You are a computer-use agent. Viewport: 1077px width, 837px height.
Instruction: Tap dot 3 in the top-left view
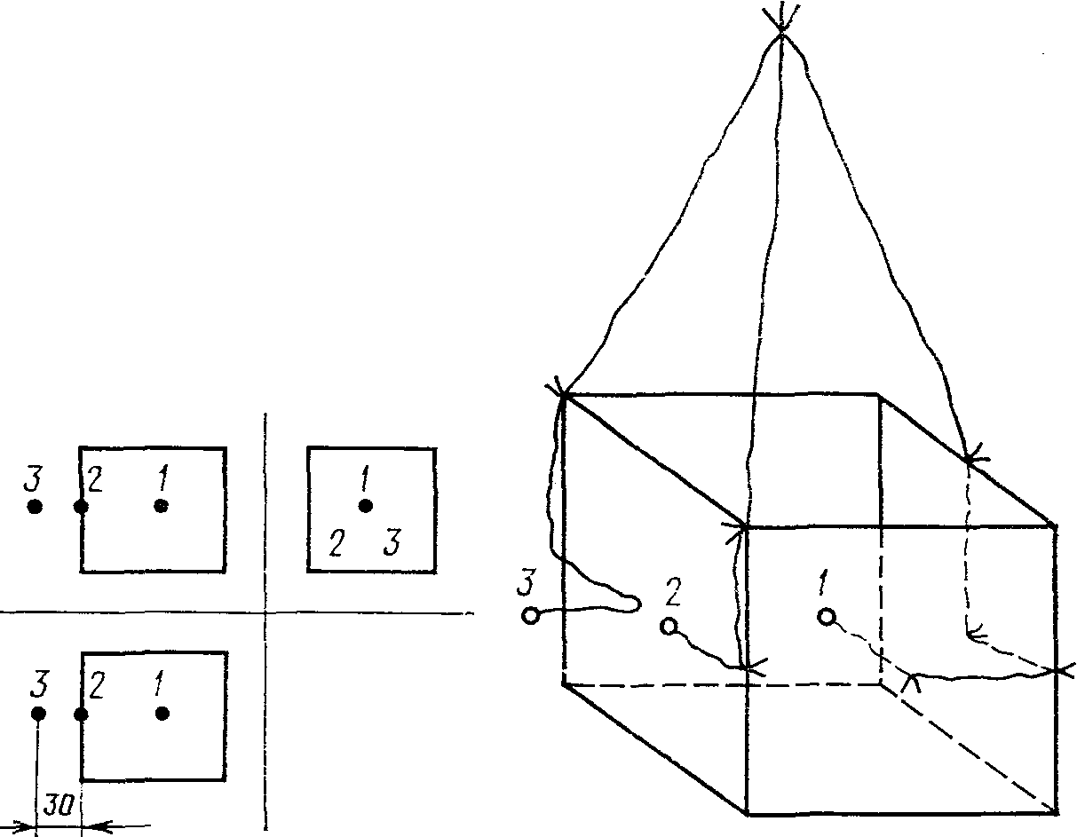[35, 507]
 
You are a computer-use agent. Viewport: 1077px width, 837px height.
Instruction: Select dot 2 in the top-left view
[81, 507]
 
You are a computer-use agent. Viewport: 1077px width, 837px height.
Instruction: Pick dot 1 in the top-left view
[161, 506]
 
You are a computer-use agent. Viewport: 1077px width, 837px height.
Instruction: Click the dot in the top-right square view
[365, 506]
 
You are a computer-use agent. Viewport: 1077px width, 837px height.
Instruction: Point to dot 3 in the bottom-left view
[38, 714]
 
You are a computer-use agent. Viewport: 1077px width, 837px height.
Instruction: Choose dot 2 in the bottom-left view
[81, 714]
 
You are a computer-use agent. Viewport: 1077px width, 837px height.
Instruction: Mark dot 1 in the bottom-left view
[162, 714]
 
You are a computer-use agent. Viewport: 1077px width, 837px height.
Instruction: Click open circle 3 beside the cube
[530, 615]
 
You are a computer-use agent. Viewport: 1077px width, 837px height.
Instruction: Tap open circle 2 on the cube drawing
[669, 627]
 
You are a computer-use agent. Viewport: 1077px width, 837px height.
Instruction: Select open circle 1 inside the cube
[827, 617]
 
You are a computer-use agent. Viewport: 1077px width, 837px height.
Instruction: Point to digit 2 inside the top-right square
[335, 542]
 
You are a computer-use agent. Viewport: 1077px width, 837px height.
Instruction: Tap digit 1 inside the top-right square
[364, 481]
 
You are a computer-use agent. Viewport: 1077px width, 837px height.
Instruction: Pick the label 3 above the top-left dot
[33, 480]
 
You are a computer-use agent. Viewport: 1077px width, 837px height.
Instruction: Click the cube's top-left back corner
[563, 394]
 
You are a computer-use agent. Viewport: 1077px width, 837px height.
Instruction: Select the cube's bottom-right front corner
[1056, 812]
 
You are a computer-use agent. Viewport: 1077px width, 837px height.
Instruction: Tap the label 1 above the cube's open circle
[823, 585]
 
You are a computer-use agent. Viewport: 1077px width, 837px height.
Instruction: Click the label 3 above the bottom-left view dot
[38, 686]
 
